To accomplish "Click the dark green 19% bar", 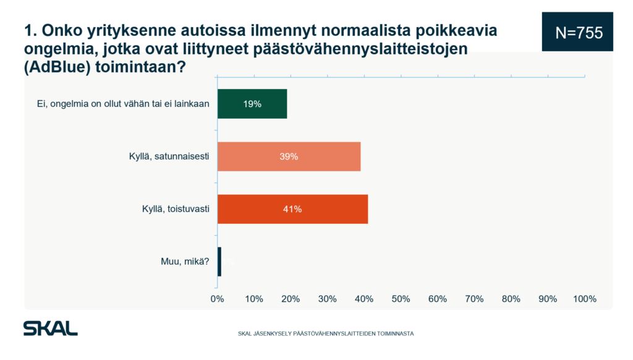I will [x=252, y=104].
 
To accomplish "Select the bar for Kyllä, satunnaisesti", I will [x=289, y=156].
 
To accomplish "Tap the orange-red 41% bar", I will [x=292, y=209].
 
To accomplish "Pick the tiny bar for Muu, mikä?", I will [x=219, y=261].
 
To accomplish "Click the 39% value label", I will [x=289, y=156].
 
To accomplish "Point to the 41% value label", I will [x=292, y=209].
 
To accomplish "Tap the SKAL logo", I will [x=50, y=328].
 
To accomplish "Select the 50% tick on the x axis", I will [x=401, y=299].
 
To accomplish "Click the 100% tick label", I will [x=584, y=299].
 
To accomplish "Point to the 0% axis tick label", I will [x=217, y=299].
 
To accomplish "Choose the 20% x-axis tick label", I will [x=291, y=299].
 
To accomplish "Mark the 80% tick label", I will [x=511, y=299].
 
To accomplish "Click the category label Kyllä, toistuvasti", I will [x=176, y=209].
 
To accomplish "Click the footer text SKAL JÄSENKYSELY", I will [x=326, y=333].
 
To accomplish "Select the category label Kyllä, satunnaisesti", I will [x=165, y=156].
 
